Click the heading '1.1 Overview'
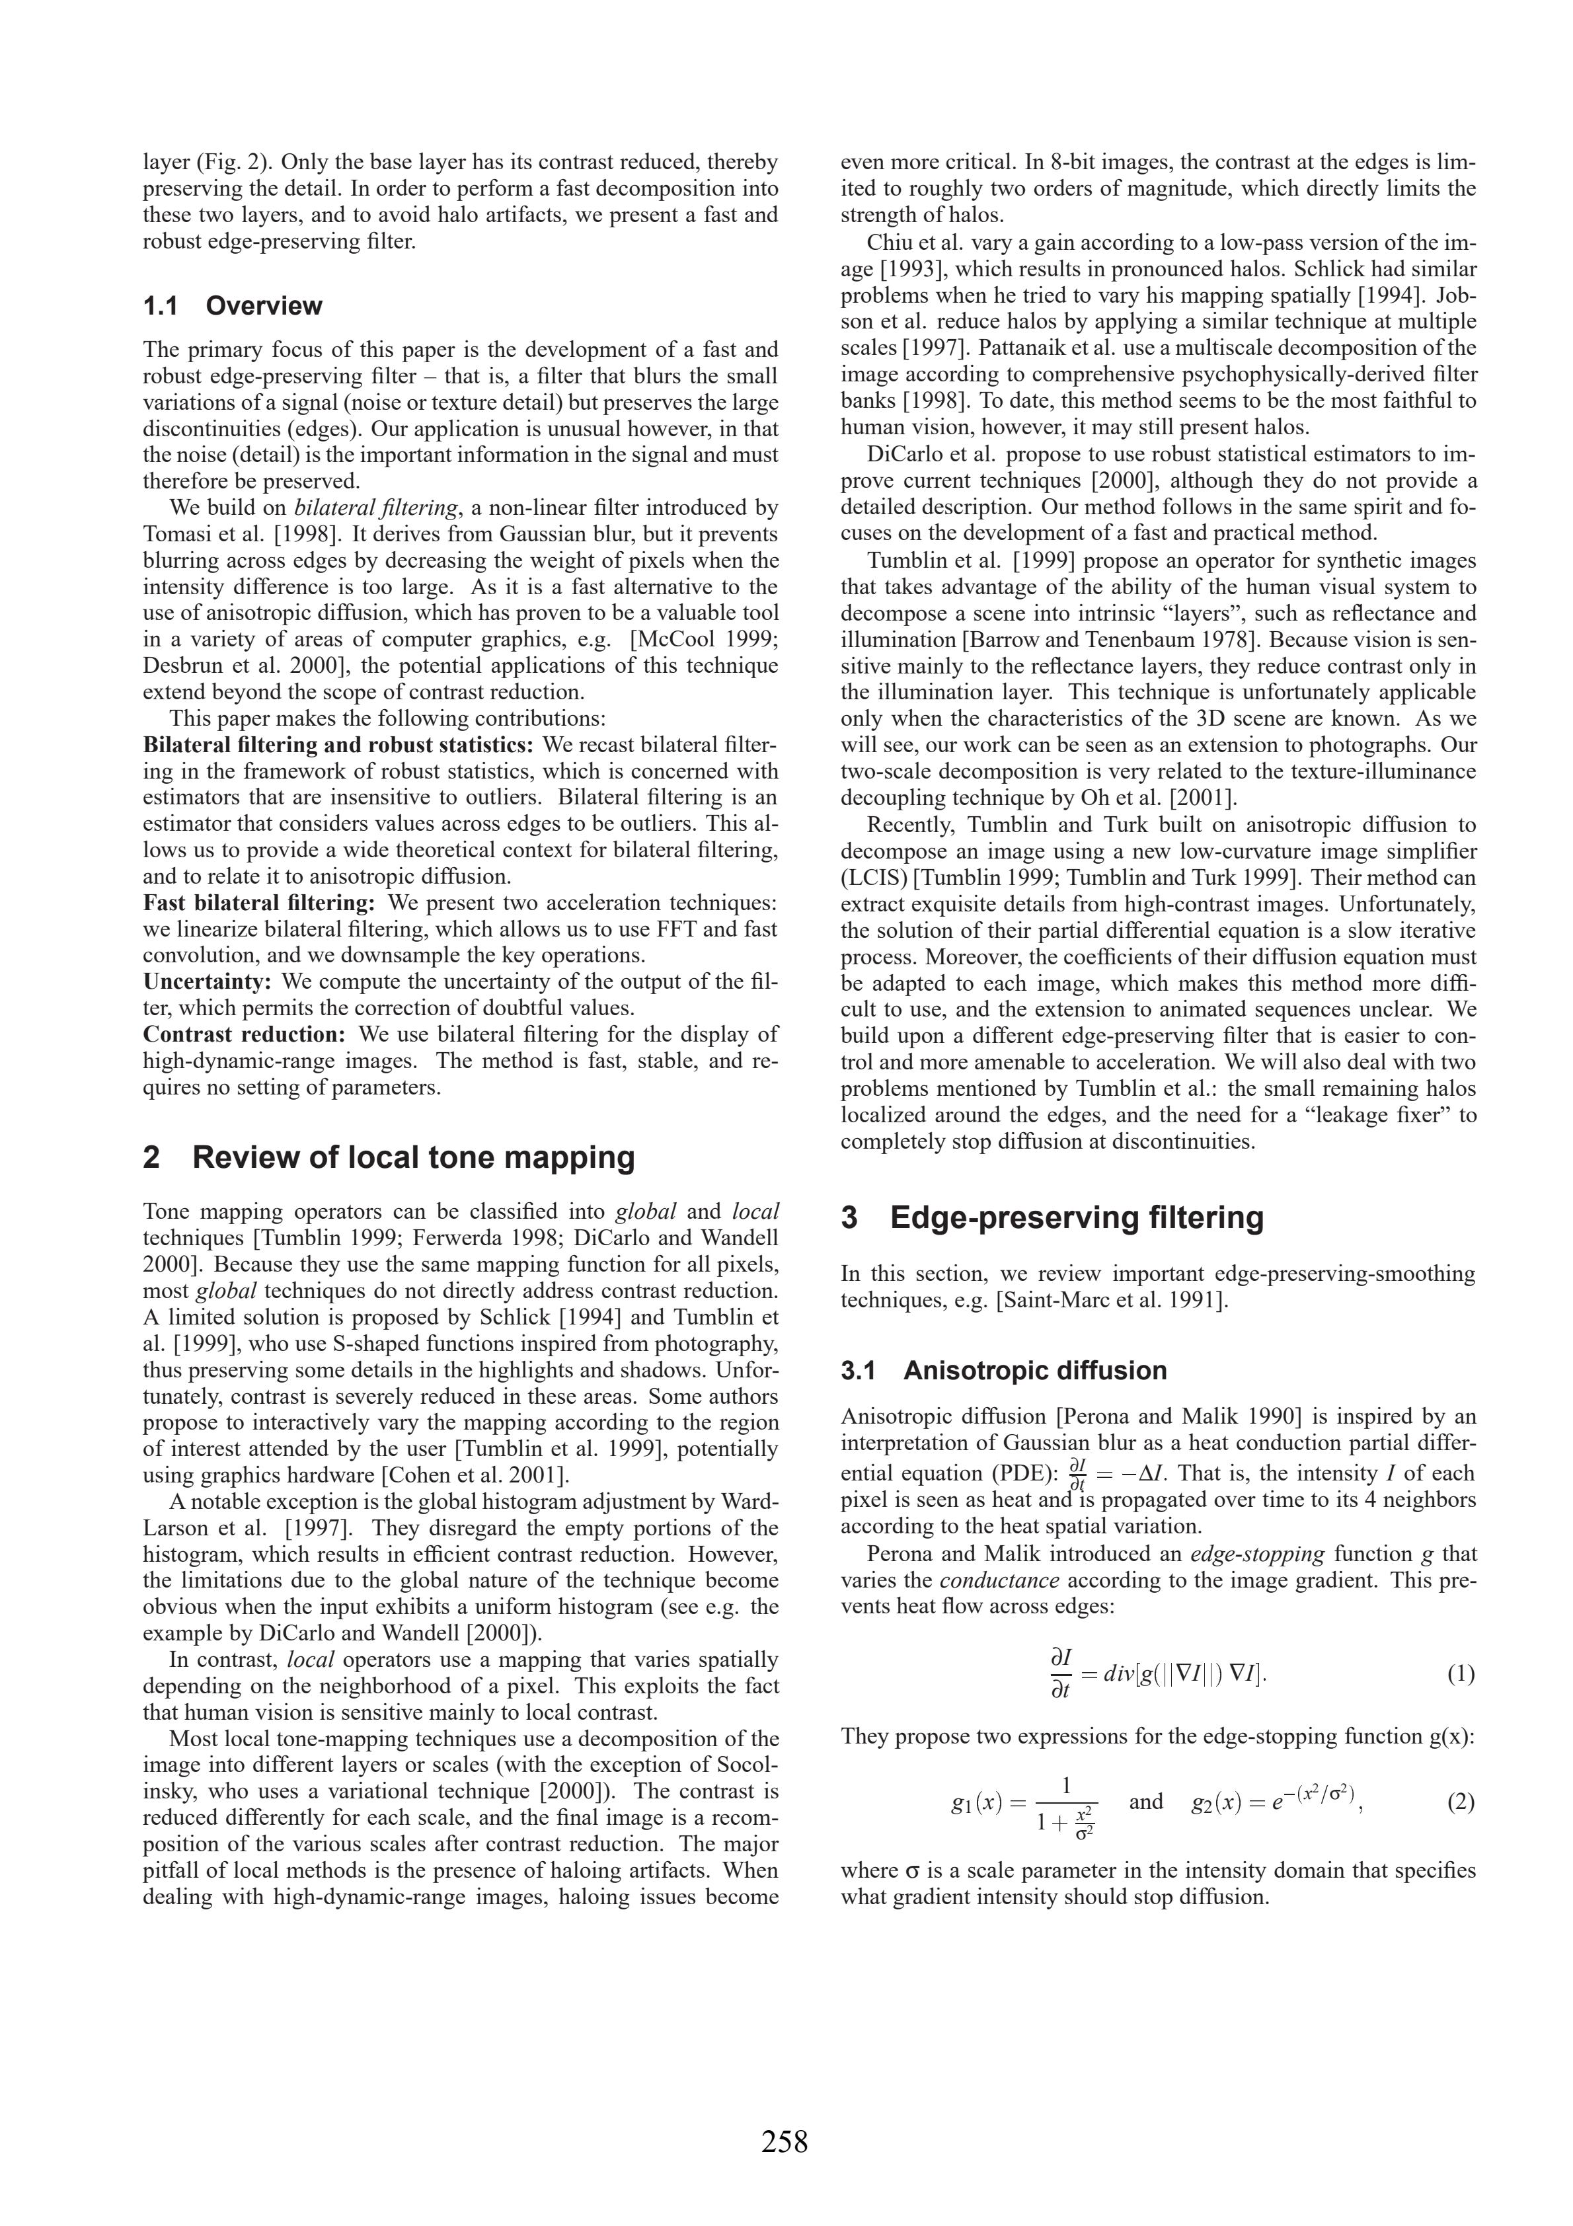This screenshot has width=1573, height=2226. tap(232, 307)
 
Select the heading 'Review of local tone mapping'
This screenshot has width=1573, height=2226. tap(414, 1157)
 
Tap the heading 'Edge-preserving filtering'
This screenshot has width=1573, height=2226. tap(1077, 1217)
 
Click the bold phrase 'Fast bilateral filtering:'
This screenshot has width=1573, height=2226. tap(259, 903)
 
